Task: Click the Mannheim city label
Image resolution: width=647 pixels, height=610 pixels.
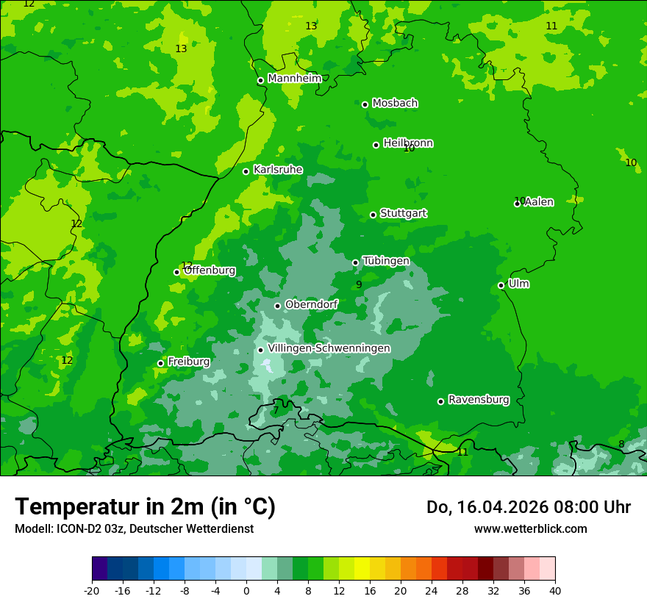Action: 294,79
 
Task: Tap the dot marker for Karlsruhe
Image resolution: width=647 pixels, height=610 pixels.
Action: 246,171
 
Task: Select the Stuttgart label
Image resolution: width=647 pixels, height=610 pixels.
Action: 403,213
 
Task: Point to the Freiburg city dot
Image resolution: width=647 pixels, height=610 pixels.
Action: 160,363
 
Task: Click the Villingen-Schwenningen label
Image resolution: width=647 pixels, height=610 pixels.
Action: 329,348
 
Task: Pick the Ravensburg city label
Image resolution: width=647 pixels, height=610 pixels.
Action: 479,400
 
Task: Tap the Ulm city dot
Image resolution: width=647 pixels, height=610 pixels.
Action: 501,285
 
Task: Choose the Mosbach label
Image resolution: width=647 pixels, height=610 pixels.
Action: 395,103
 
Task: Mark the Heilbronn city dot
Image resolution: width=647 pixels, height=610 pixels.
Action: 376,145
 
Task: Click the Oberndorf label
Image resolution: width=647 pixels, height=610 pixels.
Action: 311,304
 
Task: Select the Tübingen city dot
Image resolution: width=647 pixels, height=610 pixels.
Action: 356,262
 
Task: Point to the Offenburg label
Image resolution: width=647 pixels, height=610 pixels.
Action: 210,270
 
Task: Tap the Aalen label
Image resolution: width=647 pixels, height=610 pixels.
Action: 539,202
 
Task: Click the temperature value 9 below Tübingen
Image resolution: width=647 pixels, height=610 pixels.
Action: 359,284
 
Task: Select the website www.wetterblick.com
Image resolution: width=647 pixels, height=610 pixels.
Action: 530,528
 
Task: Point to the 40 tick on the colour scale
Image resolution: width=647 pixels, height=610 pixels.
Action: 555,590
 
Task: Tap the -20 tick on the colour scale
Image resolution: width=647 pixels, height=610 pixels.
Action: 92,590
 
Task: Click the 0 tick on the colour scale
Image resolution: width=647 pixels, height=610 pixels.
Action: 246,590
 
